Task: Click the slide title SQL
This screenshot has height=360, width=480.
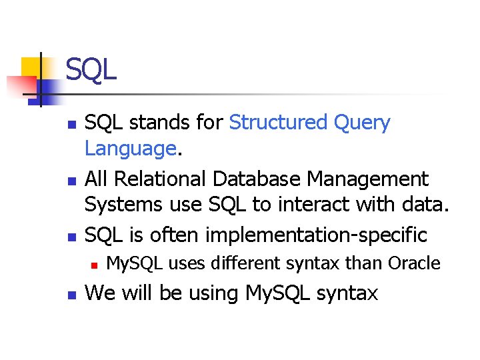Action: point(91,69)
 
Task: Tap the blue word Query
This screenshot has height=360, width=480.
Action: point(363,123)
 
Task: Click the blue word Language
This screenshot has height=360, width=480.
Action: point(130,149)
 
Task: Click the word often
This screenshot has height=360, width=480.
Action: point(175,235)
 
